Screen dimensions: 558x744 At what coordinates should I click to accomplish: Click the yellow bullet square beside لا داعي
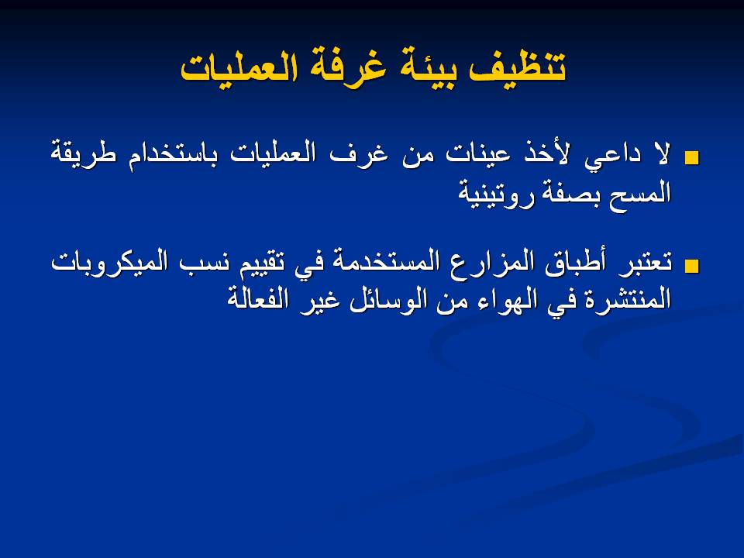pyautogui.click(x=691, y=158)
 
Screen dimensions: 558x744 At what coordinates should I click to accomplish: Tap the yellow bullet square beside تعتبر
pyautogui.click(x=691, y=266)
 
